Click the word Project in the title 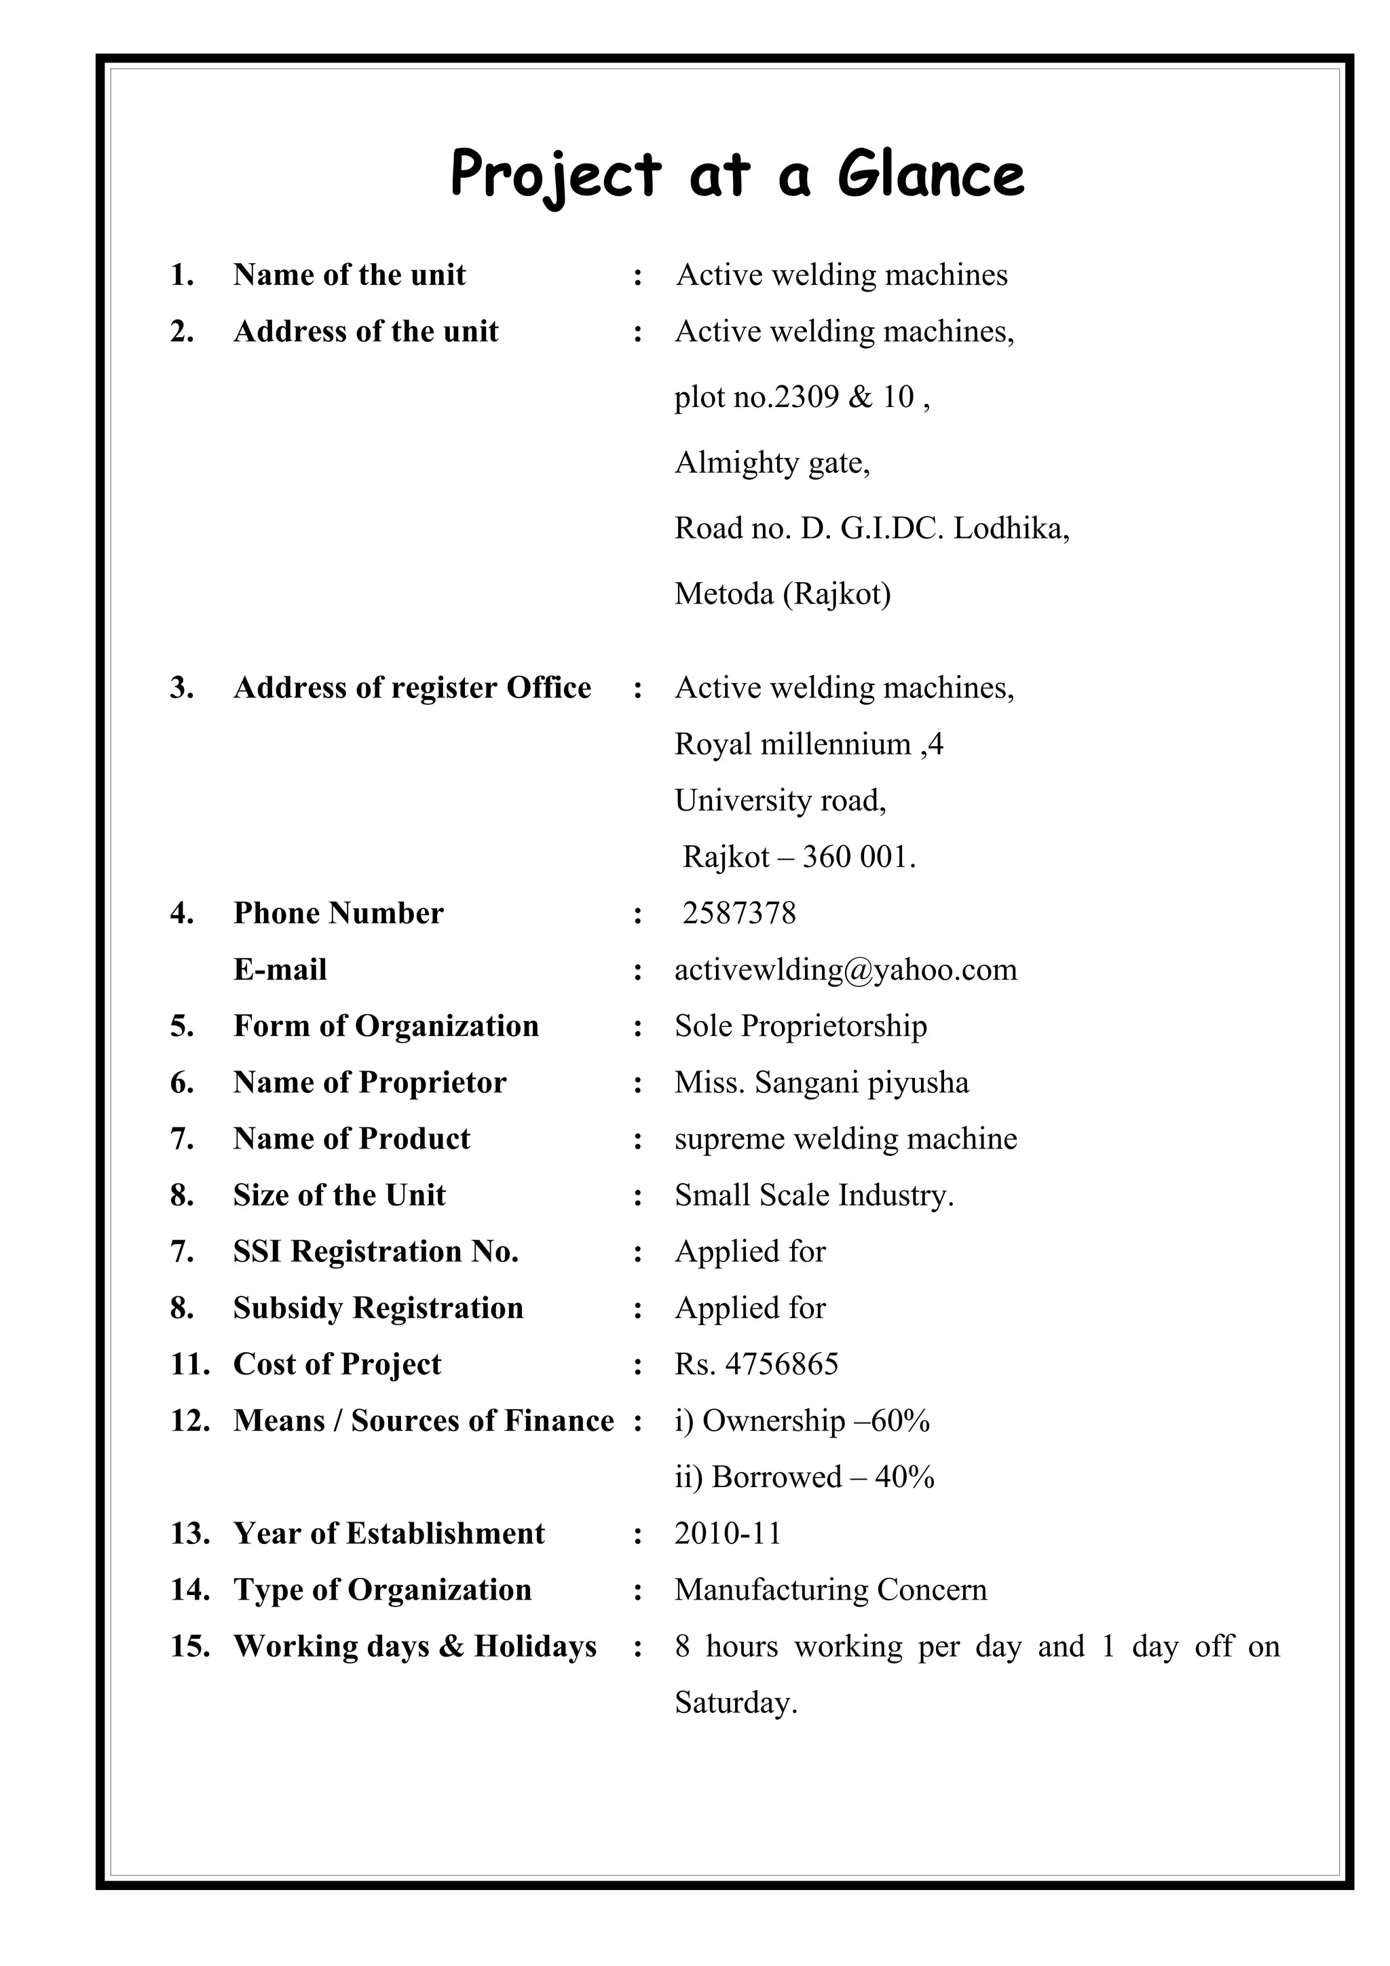[555, 174]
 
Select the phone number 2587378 [739, 914]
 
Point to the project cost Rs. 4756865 [756, 1365]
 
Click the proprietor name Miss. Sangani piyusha [821, 1083]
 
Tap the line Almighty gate [772, 463]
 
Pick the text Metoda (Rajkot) [782, 594]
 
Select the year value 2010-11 [728, 1534]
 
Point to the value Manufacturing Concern [830, 1590]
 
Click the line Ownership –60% [802, 1421]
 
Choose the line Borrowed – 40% [804, 1478]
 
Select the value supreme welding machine [845, 1140]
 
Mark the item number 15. [189, 1646]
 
